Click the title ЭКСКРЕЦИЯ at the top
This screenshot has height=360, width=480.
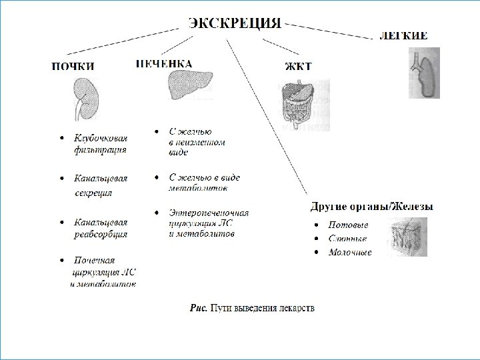234,23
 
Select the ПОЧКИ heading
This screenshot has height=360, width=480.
73,66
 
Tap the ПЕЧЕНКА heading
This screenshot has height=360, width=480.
164,63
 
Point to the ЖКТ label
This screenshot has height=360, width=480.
298,66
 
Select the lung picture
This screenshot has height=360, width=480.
424,73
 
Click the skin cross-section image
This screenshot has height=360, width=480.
407,237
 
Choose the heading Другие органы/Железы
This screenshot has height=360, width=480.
372,207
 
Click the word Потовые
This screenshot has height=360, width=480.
348,225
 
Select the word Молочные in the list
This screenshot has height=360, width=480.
350,252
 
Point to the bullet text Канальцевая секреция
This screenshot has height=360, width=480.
100,185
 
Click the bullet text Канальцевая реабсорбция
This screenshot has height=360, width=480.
100,228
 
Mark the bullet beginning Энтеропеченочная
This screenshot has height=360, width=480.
208,223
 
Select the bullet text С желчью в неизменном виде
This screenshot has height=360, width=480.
197,142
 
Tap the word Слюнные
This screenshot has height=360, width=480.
347,239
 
